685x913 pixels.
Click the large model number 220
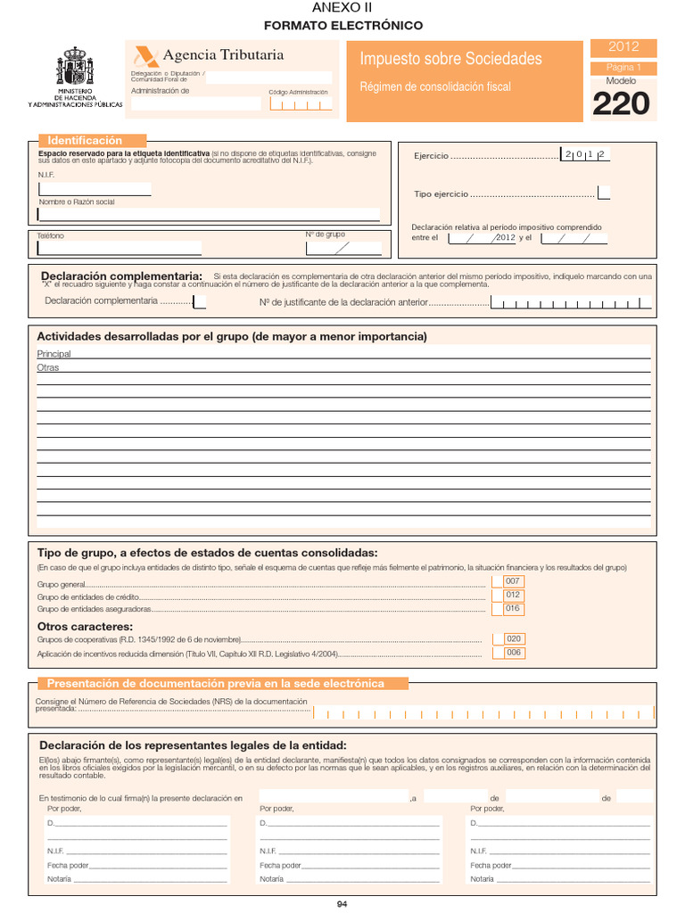621,104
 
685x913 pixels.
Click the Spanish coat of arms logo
75,67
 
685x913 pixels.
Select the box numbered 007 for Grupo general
513,581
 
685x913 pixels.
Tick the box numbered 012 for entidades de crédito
513,596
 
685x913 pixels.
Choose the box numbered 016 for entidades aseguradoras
513,609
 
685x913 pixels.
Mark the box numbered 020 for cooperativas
513,639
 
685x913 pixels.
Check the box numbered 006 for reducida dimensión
513,653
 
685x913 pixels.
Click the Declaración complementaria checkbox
199,301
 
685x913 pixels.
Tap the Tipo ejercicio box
604,193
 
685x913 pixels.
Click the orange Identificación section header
92,141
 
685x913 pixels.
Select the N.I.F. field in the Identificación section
95,188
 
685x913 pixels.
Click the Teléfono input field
119,248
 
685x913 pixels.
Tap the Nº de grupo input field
343,248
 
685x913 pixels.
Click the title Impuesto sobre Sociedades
450,59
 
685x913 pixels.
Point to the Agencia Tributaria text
223,55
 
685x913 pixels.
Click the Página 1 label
623,68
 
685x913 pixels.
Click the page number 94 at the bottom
342,904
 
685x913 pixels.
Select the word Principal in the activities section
54,354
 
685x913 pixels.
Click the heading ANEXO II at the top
342,8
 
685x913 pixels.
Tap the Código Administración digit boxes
301,104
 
